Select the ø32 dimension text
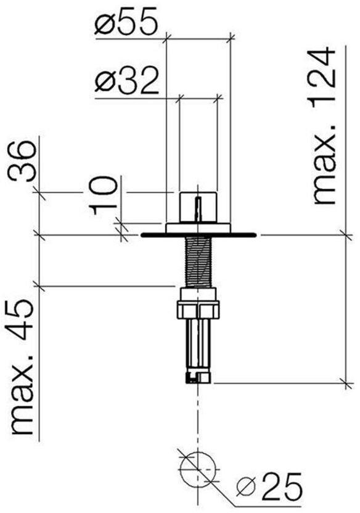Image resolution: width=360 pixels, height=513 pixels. [x=126, y=81]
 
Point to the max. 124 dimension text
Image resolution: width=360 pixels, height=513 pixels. [x=324, y=126]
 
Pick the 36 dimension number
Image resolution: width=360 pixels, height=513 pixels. [x=22, y=162]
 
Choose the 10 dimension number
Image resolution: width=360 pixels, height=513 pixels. [x=104, y=195]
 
